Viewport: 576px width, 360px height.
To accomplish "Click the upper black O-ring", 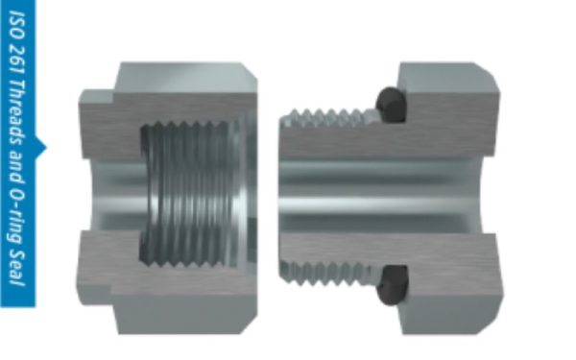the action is (391, 105).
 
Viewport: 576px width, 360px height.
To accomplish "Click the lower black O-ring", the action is (393, 285).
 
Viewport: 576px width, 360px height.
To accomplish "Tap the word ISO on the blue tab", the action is (17, 26).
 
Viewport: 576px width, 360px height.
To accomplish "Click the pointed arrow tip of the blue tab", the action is (45, 148).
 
